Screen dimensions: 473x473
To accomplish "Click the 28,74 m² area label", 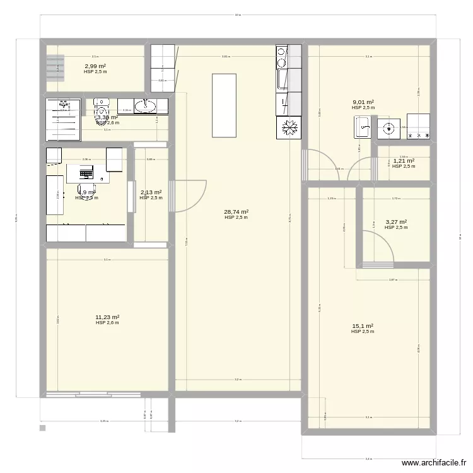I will pyautogui.click(x=236, y=213).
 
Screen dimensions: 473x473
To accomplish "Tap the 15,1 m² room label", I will pyautogui.click(x=363, y=326).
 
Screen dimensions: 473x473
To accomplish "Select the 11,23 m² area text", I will pyautogui.click(x=107, y=317).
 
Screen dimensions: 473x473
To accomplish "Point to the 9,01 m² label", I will pyautogui.click(x=363, y=102).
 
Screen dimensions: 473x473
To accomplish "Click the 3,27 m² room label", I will pyautogui.click(x=396, y=222).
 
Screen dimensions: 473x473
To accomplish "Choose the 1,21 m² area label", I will pyautogui.click(x=404, y=161).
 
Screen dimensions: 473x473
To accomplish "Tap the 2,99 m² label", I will pyautogui.click(x=95, y=66).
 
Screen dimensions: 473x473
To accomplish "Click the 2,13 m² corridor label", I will pyautogui.click(x=151, y=192).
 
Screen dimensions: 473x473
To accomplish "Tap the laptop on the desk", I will pyautogui.click(x=85, y=171).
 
